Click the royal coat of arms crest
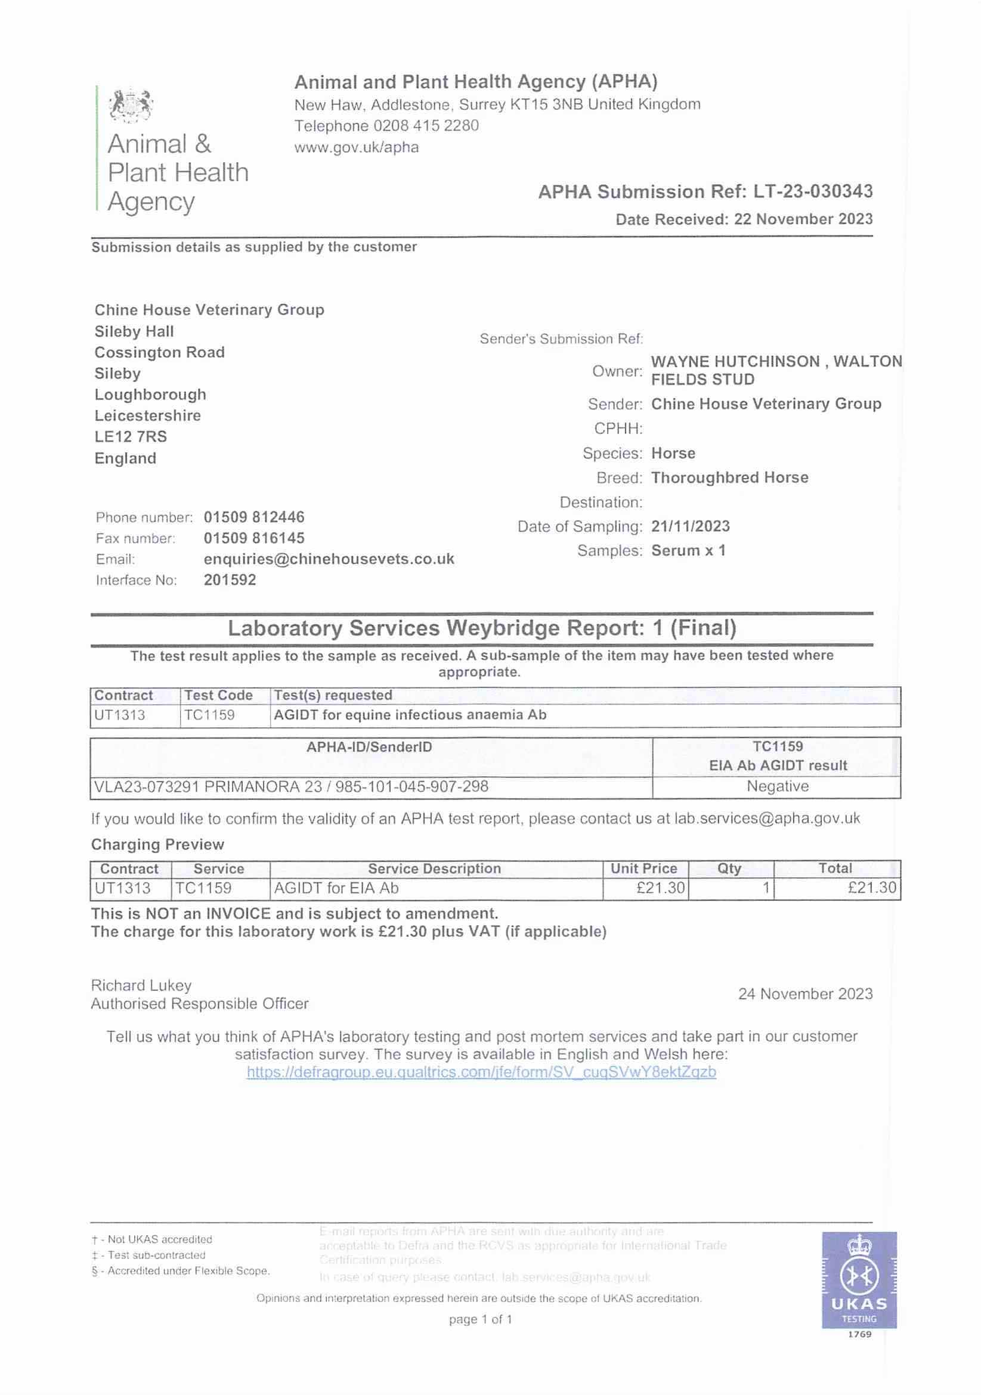coord(131,104)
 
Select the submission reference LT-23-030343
coord(813,192)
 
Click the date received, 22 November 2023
coord(803,219)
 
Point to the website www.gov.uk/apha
coord(356,148)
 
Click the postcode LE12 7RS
coord(131,437)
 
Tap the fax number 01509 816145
coord(254,538)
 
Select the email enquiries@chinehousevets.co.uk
coord(329,559)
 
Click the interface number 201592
coord(230,580)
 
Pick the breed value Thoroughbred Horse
coord(729,478)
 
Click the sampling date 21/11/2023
coord(691,527)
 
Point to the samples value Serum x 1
coord(688,551)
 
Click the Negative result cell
coord(778,787)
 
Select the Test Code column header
coord(218,696)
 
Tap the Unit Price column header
coord(643,869)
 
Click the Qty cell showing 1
coord(766,888)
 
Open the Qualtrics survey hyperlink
coord(481,1072)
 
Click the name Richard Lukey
coord(141,985)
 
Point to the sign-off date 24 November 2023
coord(804,994)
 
